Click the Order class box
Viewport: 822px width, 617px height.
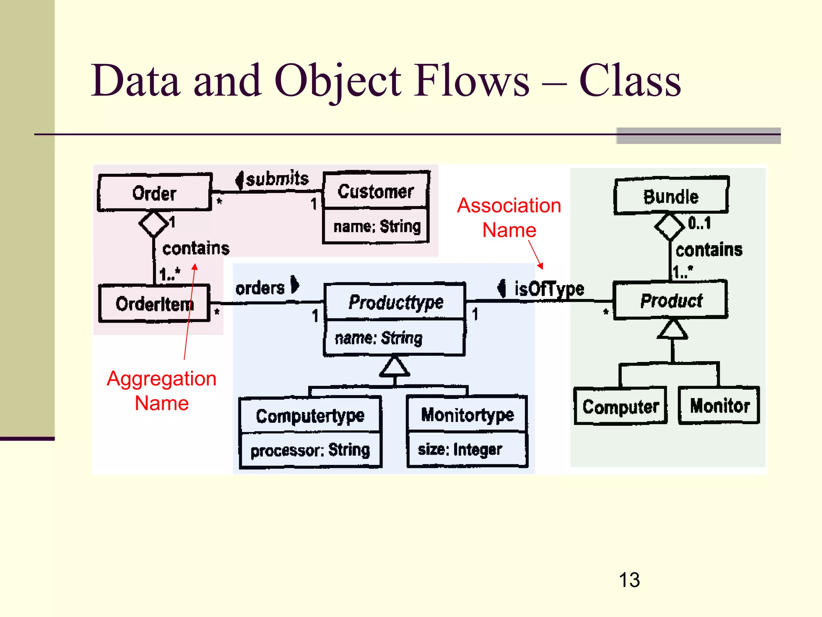[155, 193]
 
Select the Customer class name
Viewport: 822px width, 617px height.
[376, 191]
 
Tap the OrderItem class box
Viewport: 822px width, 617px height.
[155, 304]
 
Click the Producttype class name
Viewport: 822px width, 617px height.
[395, 302]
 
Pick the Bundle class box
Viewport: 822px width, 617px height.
[671, 196]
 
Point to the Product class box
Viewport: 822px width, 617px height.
[671, 300]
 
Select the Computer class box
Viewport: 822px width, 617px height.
[621, 406]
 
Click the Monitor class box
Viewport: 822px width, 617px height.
[719, 405]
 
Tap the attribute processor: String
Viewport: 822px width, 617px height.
[310, 450]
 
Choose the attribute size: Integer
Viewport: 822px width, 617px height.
[460, 449]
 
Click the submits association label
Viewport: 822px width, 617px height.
[277, 179]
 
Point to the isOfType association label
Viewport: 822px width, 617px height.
[549, 288]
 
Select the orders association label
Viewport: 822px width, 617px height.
[260, 288]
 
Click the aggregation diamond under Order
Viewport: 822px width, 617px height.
[154, 224]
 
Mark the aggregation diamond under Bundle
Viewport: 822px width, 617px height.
[669, 227]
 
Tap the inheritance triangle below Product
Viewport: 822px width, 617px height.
[673, 329]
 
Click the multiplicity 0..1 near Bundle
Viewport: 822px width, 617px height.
[699, 223]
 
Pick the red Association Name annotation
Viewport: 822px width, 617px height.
[509, 217]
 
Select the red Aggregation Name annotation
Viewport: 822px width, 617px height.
[162, 390]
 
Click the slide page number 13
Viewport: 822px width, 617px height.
[629, 580]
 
